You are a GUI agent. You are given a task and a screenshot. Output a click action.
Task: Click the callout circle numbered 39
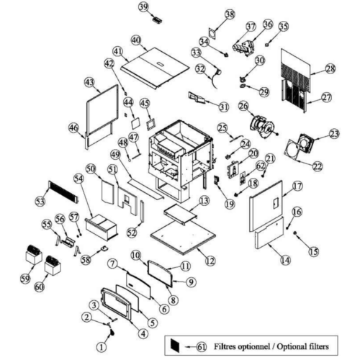click(143, 6)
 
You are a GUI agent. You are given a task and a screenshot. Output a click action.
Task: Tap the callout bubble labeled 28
click(330, 69)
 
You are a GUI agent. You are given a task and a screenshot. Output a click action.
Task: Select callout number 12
click(210, 261)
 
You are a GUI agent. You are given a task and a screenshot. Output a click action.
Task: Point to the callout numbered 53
click(40, 201)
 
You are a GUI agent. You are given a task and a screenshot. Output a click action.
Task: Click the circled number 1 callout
click(102, 347)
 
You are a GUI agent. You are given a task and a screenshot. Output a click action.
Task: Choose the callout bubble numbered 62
click(261, 166)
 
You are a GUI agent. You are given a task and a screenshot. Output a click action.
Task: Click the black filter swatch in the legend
click(175, 345)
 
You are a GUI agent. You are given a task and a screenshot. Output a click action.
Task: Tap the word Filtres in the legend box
click(225, 346)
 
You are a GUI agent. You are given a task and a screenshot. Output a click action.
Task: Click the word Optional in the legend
click(289, 346)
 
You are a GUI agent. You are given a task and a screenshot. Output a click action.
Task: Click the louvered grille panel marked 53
click(63, 192)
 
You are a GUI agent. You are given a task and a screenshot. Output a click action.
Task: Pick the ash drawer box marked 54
click(102, 227)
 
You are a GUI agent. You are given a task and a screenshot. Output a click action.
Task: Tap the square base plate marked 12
click(183, 236)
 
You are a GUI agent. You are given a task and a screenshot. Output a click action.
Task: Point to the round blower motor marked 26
click(262, 127)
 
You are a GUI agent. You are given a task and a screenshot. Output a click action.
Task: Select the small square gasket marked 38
click(212, 33)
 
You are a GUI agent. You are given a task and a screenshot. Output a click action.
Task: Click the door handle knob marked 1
click(112, 333)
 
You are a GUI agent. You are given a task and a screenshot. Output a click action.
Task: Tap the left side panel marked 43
click(102, 109)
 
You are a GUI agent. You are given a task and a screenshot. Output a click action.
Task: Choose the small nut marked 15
click(295, 233)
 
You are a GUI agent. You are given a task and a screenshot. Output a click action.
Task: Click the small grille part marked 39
click(158, 20)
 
